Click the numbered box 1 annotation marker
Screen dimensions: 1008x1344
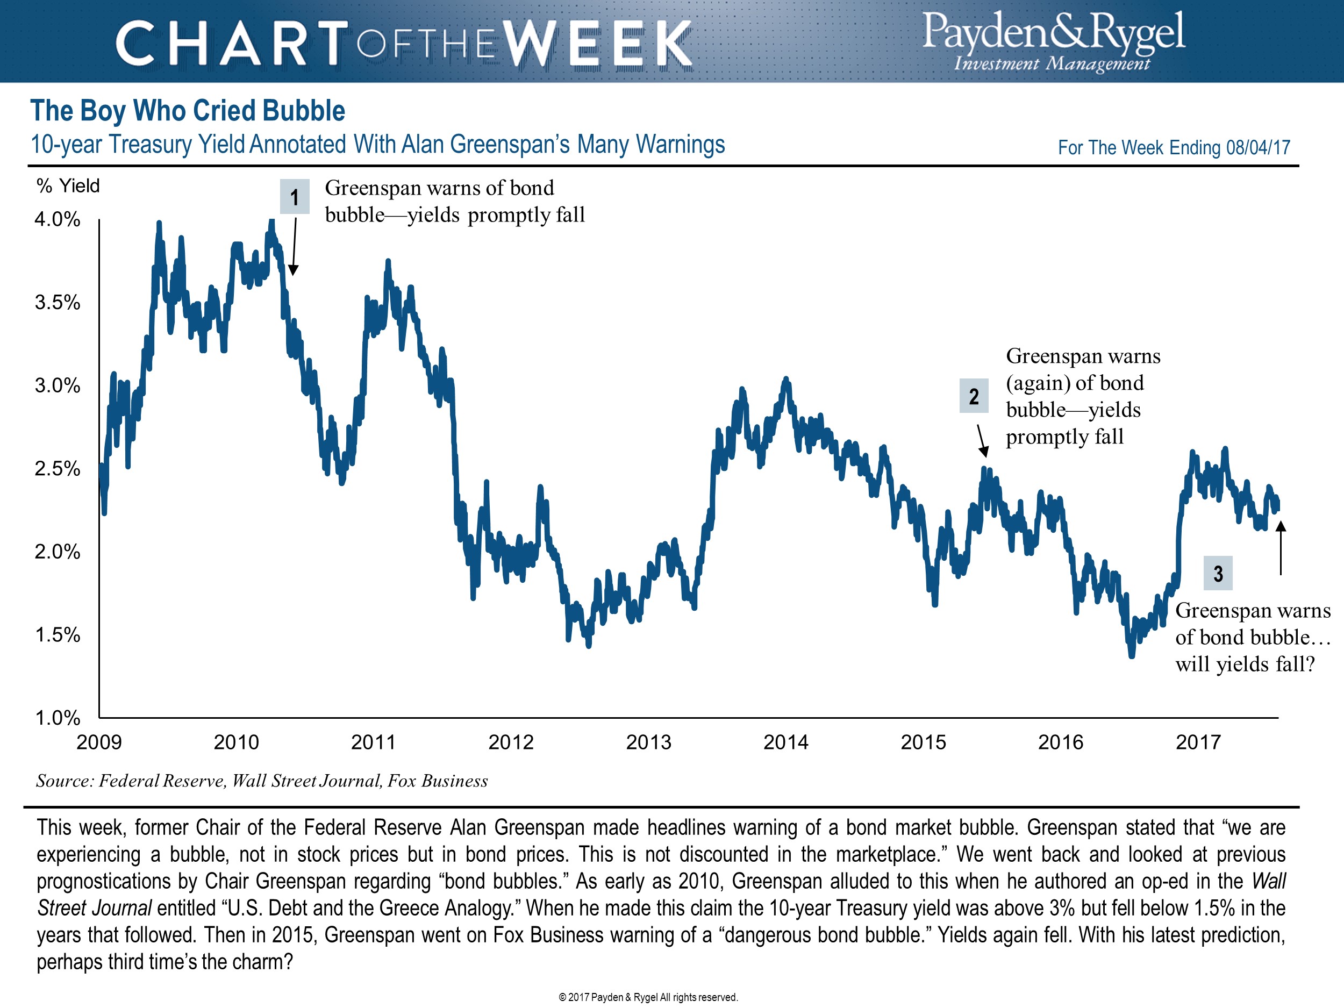coord(295,197)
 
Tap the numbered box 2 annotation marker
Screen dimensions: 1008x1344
coord(974,396)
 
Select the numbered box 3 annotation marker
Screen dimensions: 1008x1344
coord(1218,573)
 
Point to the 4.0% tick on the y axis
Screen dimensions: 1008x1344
coord(58,219)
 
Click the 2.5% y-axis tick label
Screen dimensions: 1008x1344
coord(58,468)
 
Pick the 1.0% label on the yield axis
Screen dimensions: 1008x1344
coord(58,718)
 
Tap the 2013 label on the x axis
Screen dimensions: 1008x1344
coord(648,742)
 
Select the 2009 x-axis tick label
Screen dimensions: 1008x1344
coord(99,742)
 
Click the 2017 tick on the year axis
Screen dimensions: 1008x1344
coord(1198,742)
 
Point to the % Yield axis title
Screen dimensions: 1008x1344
coord(68,186)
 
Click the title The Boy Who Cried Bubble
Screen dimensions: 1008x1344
coord(188,111)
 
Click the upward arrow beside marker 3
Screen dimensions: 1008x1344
coord(1280,547)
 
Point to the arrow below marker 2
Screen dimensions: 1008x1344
coord(981,440)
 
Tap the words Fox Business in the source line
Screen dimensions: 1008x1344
coord(438,781)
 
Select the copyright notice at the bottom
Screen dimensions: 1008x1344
coord(648,997)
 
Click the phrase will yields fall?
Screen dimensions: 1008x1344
coord(1245,664)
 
